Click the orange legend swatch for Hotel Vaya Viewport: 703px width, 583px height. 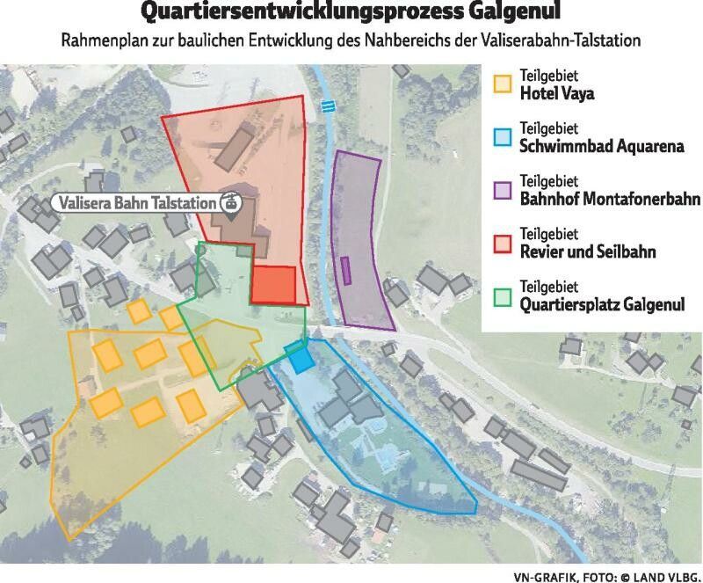click(502, 84)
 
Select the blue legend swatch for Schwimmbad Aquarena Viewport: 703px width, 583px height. click(502, 137)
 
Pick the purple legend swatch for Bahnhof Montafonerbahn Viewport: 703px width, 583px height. click(502, 190)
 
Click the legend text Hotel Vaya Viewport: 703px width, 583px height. click(557, 92)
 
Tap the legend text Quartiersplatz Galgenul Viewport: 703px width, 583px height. click(601, 305)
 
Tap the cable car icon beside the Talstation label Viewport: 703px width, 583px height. click(231, 202)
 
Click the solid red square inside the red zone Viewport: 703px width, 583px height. click(273, 284)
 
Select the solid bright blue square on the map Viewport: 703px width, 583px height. click(301, 358)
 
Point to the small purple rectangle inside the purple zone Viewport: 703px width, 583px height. click(346, 270)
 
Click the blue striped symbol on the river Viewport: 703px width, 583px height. click(328, 106)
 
